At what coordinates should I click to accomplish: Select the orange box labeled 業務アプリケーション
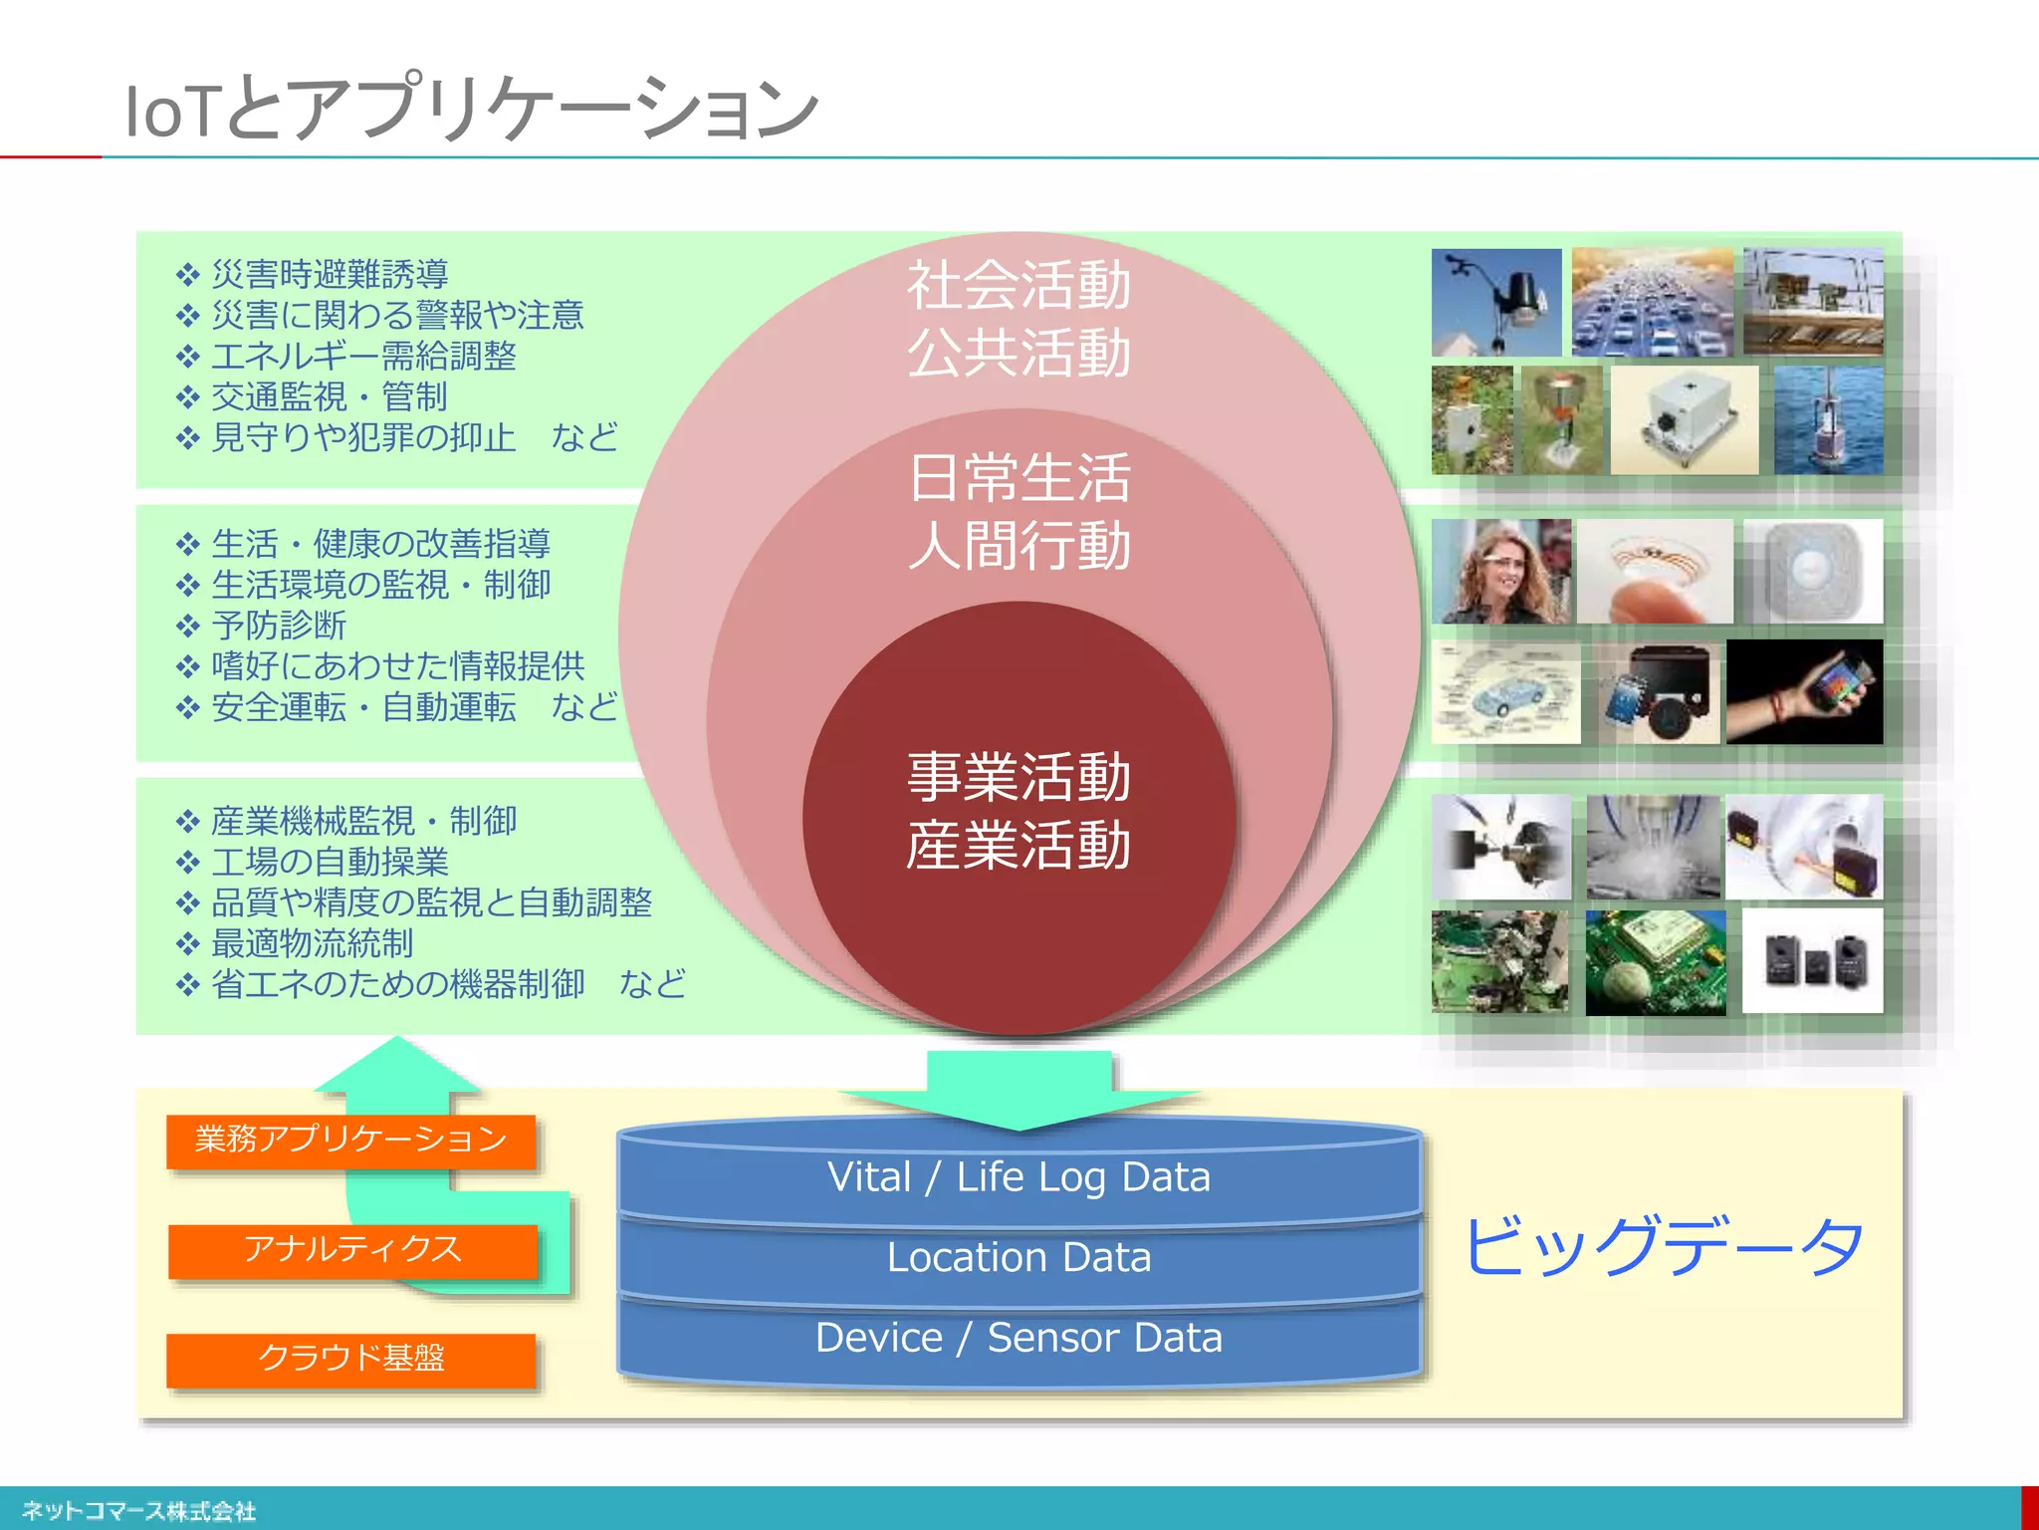pos(350,1140)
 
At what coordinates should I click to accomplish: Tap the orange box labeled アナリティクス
pos(352,1250)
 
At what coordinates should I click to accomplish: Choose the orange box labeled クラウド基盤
pos(350,1359)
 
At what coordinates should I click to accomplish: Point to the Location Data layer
pos(1019,1258)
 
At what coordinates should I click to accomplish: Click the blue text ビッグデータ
pos(1663,1246)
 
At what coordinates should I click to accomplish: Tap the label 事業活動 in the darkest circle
pos(1019,777)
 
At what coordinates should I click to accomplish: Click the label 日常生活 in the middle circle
pos(1019,478)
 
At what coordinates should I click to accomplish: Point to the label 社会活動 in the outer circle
pos(1019,286)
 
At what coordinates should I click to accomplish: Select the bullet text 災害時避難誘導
pos(330,274)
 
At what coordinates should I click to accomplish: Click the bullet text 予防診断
pos(279,626)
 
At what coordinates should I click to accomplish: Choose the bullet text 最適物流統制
pos(312,943)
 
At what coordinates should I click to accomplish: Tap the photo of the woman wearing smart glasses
pos(1500,572)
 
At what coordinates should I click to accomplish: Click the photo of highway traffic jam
pos(1651,303)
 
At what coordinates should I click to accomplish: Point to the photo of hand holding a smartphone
pos(1804,691)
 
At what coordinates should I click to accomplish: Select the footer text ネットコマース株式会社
pos(138,1511)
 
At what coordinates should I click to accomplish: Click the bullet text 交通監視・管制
pos(330,396)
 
